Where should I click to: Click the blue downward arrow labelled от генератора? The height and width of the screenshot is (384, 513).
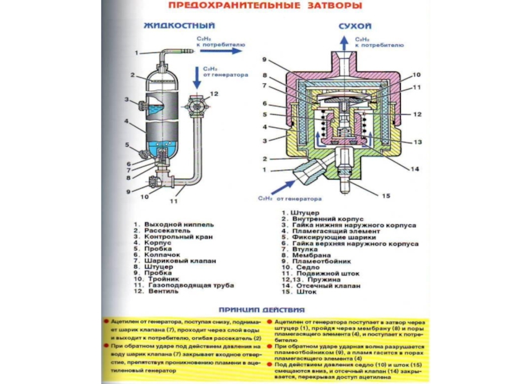195,77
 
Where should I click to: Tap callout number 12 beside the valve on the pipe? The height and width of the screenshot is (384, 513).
214,94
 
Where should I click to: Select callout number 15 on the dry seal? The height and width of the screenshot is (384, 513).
385,195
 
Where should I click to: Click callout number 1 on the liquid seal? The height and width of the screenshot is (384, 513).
136,52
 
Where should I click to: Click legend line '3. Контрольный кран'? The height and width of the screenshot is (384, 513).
167,237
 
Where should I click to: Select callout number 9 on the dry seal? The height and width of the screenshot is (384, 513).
264,60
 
